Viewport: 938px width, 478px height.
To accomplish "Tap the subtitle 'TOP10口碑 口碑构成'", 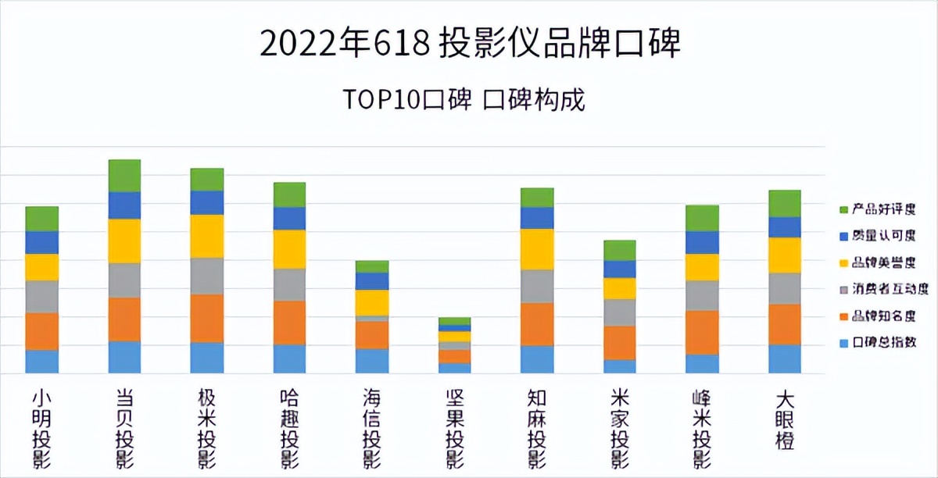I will click(464, 101).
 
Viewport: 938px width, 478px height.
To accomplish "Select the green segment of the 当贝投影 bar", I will click(124, 176).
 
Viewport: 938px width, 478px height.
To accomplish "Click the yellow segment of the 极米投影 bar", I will click(207, 236).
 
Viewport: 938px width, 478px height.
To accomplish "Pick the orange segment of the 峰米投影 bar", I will click(702, 333).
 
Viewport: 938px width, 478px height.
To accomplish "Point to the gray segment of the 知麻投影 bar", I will click(537, 286).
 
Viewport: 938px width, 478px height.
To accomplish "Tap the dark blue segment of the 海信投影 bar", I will click(372, 281).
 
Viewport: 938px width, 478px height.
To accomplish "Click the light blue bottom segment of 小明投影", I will click(41, 362).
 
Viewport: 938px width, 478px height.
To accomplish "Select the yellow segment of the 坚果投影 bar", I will click(454, 337).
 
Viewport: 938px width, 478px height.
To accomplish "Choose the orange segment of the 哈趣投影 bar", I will click(289, 323).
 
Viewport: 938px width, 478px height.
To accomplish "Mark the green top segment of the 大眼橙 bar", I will click(784, 203).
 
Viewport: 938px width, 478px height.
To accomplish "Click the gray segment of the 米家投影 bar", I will click(620, 312).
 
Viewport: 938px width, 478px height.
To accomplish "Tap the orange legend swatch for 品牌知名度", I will click(843, 316).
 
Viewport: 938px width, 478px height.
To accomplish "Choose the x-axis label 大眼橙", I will click(784, 419).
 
